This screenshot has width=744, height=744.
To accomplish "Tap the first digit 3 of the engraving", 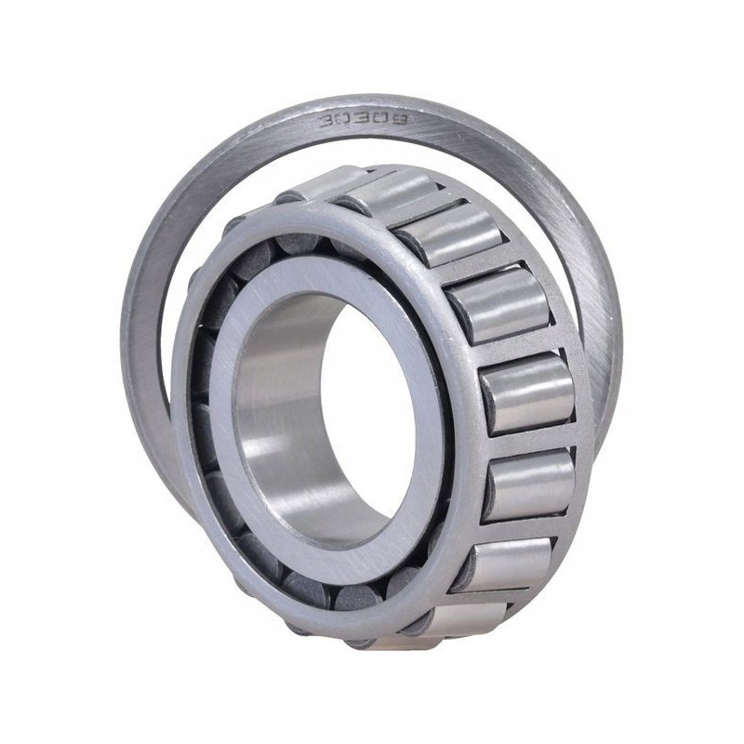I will click(x=327, y=121).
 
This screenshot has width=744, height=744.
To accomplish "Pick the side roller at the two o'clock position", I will click(x=498, y=307).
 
